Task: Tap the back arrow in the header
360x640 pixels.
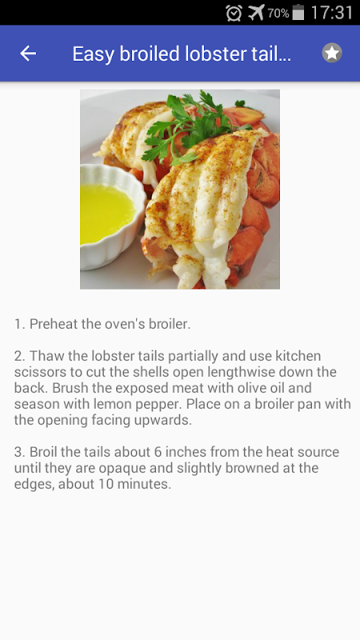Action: tap(28, 53)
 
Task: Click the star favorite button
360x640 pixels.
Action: tap(332, 53)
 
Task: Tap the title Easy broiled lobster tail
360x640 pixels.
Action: tap(182, 54)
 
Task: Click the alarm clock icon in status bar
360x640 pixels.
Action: tap(234, 13)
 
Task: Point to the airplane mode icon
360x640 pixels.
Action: tap(256, 12)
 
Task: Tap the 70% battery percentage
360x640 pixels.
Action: tap(278, 14)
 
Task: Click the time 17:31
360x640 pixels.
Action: tap(331, 13)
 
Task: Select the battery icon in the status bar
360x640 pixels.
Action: tap(298, 12)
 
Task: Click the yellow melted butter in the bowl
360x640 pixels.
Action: tap(106, 212)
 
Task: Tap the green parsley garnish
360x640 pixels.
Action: tap(192, 125)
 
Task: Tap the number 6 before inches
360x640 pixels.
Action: tap(158, 452)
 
